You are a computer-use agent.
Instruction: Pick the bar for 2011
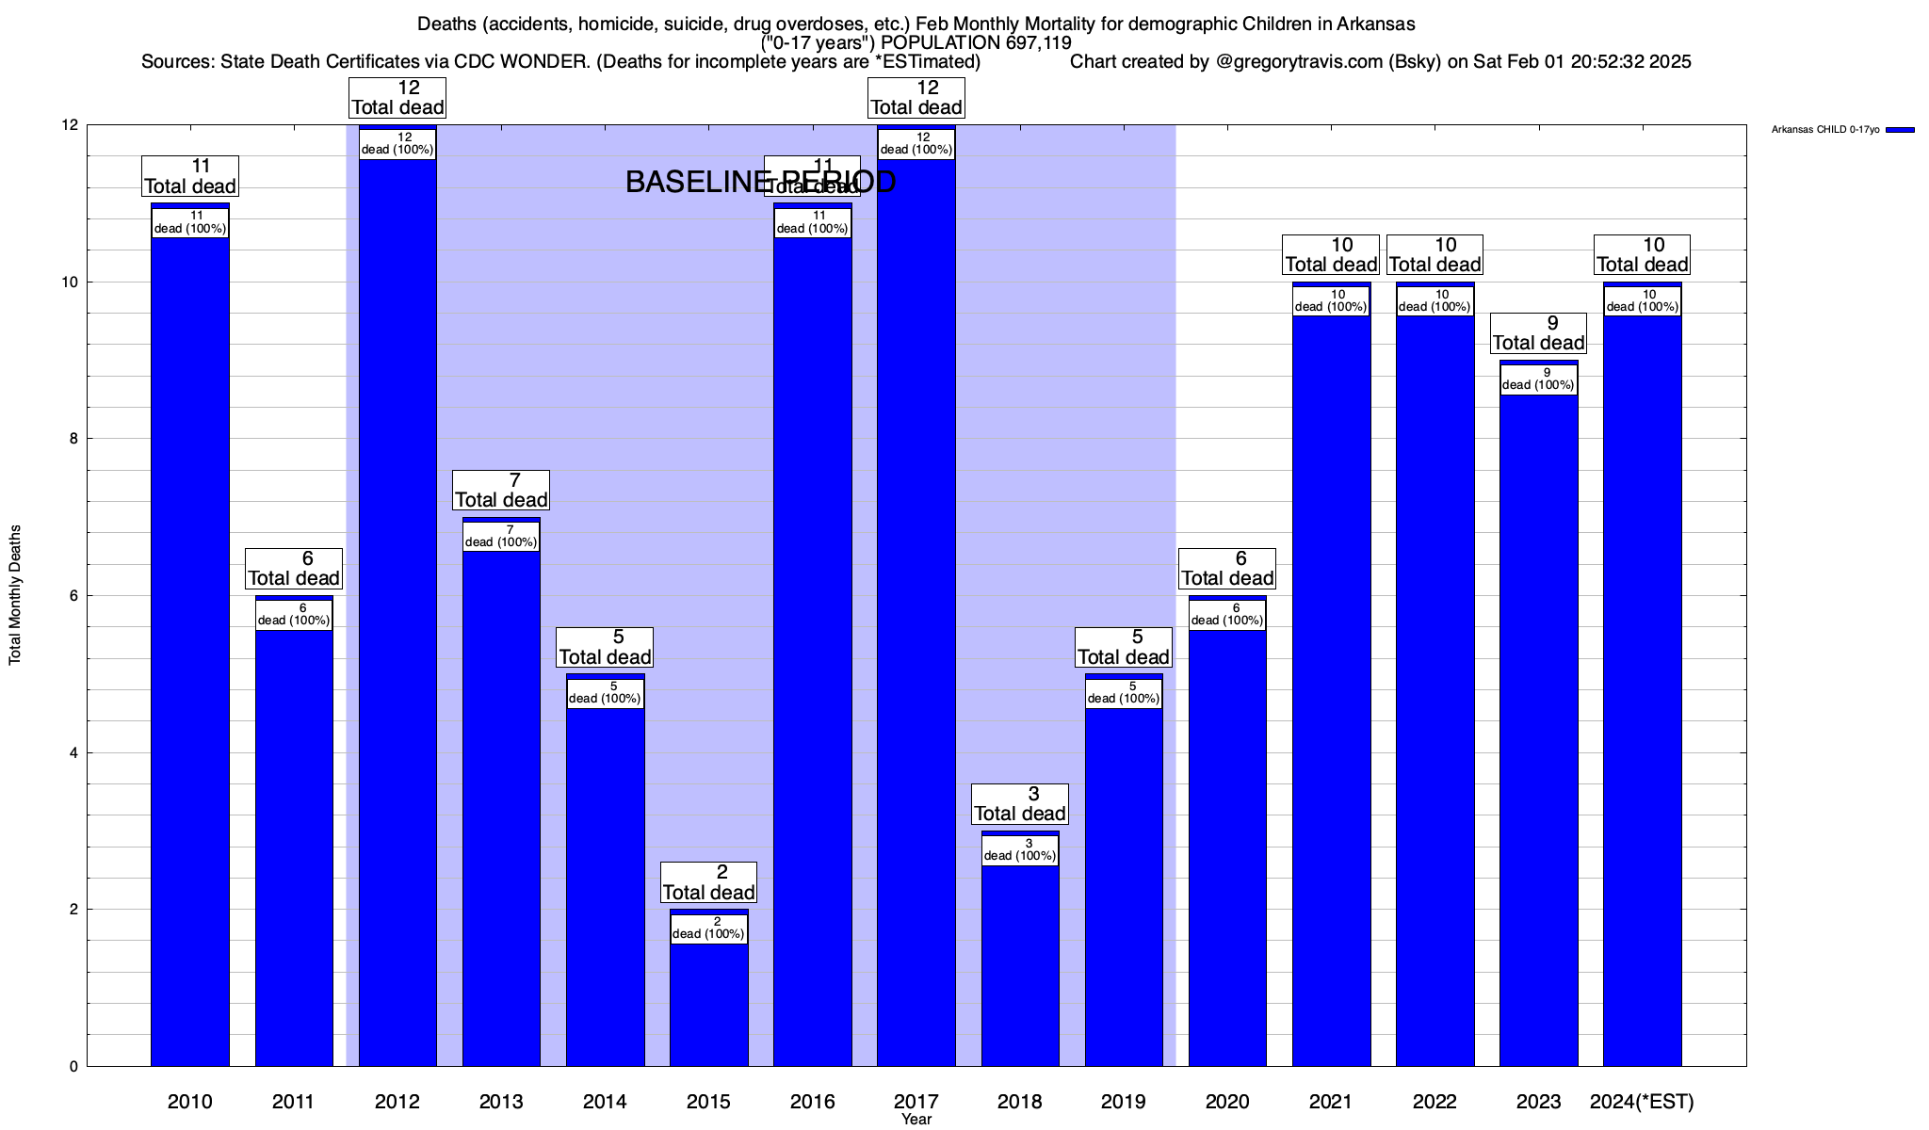(x=294, y=847)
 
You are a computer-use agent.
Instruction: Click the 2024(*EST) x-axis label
(x=1642, y=1102)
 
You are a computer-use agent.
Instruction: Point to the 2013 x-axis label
(x=501, y=1102)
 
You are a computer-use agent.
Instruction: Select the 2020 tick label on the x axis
(x=1227, y=1102)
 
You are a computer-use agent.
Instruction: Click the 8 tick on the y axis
(x=72, y=439)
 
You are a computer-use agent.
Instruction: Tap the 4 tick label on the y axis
(x=72, y=752)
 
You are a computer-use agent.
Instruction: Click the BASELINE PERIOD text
(x=760, y=183)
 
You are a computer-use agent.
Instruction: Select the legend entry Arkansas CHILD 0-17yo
(x=1824, y=130)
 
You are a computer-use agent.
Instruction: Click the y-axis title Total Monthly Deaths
(x=15, y=595)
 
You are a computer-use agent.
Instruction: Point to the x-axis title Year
(x=916, y=1120)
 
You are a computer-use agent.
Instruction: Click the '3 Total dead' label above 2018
(x=1020, y=804)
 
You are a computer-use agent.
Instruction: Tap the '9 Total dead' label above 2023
(x=1538, y=333)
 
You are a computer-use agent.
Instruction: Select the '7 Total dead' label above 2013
(x=501, y=491)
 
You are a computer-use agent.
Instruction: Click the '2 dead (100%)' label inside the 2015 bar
(x=708, y=928)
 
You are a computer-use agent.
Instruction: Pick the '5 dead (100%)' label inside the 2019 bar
(x=1124, y=692)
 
